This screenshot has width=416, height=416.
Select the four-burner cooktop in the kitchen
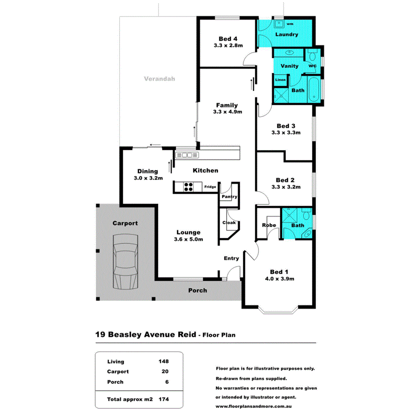coord(188,187)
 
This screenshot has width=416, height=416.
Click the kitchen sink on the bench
coord(187,155)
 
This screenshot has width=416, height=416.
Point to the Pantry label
coord(229,196)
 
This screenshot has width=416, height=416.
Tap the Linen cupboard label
coord(280,80)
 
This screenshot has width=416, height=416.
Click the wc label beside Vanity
coord(312,66)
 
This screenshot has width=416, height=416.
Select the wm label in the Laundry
coord(290,23)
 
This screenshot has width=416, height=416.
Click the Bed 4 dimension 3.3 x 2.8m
coord(228,46)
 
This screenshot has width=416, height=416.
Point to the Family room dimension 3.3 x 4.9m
coord(228,112)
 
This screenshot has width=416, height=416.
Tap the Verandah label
coord(159,79)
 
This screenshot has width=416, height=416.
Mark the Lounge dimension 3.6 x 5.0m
coord(188,240)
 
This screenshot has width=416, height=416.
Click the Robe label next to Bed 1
coord(269,225)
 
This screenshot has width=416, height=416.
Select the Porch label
coord(197,291)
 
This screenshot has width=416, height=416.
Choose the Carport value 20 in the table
coord(164,371)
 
